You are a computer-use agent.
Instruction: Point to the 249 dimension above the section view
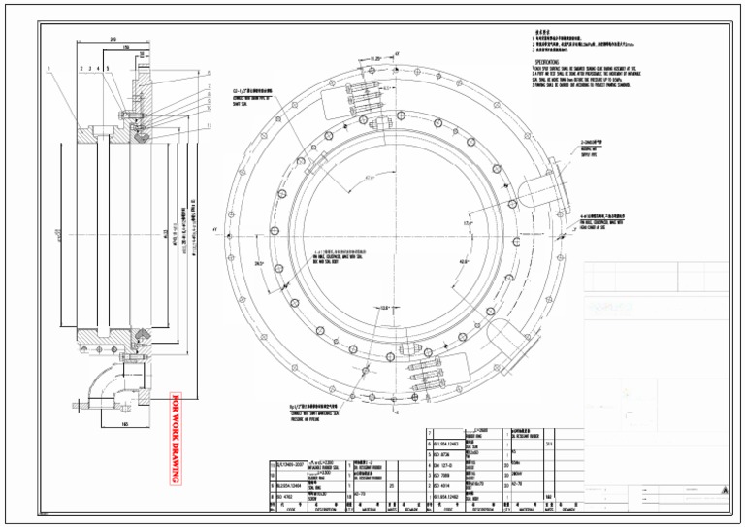pyautogui.click(x=114, y=40)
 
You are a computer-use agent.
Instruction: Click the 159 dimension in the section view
pyautogui.click(x=126, y=46)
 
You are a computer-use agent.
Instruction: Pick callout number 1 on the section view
pyautogui.click(x=46, y=68)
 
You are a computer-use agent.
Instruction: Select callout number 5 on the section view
pyautogui.click(x=107, y=69)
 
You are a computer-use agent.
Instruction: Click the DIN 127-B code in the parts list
pyautogui.click(x=444, y=466)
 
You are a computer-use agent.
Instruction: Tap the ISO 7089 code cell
pyautogui.click(x=444, y=477)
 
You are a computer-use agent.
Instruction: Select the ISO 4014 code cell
pyautogui.click(x=444, y=486)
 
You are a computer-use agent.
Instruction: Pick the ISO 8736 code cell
pyautogui.click(x=444, y=455)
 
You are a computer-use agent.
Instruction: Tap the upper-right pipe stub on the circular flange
pyautogui.click(x=539, y=188)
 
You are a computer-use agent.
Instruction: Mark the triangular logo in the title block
pyautogui.click(x=722, y=494)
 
